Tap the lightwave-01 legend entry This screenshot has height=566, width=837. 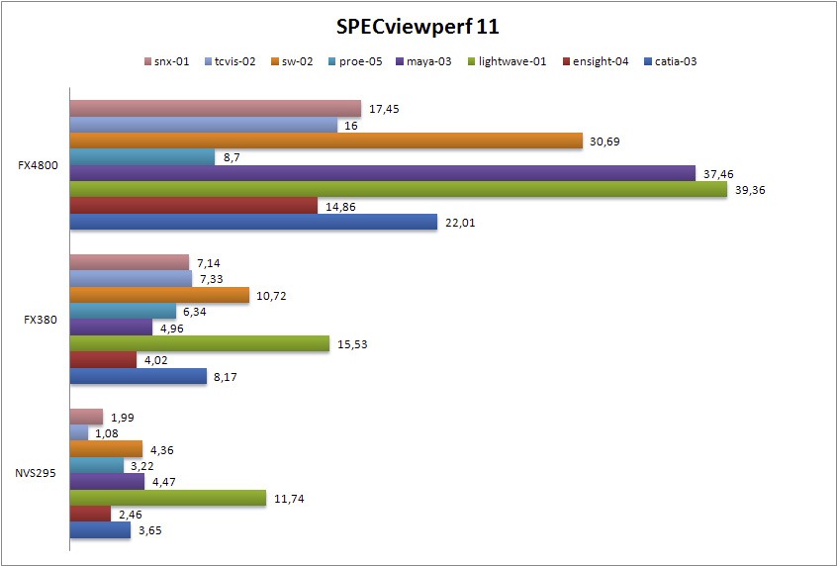[x=505, y=61]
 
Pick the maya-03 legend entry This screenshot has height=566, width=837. [x=426, y=61]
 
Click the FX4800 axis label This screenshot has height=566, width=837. [x=38, y=165]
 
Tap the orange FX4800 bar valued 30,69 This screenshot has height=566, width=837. [x=325, y=141]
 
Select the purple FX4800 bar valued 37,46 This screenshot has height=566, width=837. [x=383, y=173]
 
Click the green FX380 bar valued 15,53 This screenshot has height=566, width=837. [x=199, y=343]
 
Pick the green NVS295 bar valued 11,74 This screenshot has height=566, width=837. [x=168, y=498]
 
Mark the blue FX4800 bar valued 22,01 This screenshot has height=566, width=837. [x=253, y=222]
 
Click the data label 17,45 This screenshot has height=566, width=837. [x=384, y=109]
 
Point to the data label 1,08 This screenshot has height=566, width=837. [x=107, y=433]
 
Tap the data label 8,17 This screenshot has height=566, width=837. [x=227, y=376]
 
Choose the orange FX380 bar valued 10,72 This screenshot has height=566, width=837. [x=159, y=295]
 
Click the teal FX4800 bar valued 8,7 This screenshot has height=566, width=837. [x=141, y=157]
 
